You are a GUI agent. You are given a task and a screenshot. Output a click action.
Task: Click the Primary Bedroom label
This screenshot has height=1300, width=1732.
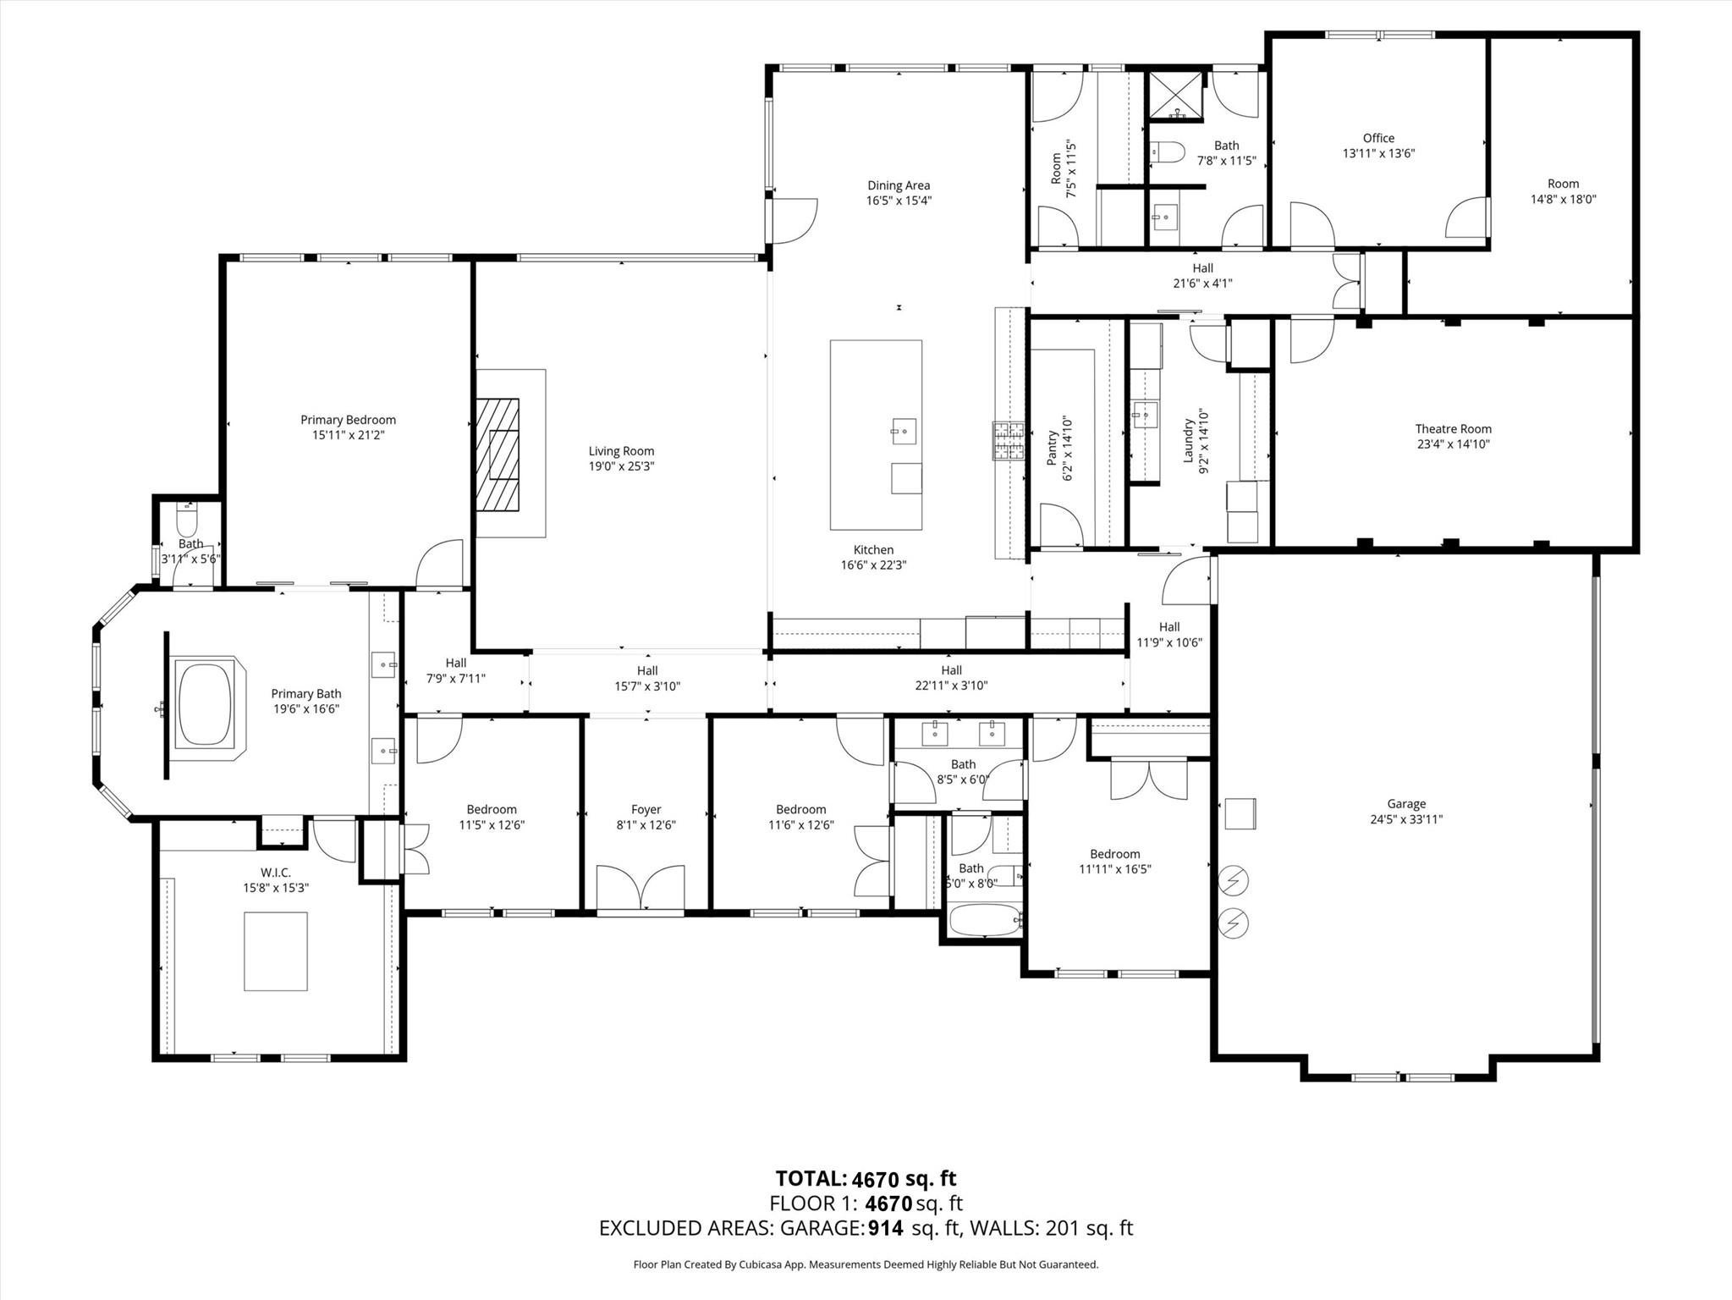[348, 420]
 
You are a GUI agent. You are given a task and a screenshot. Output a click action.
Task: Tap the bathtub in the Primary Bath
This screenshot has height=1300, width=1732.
[203, 705]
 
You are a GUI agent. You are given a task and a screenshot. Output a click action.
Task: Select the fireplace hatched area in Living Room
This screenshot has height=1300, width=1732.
[498, 454]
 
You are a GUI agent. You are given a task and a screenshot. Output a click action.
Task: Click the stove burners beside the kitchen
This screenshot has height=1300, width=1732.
[1008, 440]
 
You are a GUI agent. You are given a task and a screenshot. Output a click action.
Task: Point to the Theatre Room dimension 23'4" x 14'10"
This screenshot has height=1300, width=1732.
[1453, 443]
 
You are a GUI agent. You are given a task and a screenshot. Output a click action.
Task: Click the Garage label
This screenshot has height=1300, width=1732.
[1406, 804]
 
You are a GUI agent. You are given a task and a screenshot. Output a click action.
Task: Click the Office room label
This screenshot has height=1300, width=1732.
[1378, 138]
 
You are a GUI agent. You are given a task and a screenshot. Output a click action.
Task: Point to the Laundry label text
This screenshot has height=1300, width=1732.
[1188, 440]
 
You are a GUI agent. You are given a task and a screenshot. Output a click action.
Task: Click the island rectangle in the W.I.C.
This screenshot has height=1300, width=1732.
[275, 950]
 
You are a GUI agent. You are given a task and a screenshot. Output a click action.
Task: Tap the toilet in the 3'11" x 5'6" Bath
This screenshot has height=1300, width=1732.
[187, 515]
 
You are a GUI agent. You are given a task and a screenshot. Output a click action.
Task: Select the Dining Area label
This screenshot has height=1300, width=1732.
[899, 185]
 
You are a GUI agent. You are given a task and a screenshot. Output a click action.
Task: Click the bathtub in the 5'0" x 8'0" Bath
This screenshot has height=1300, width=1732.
[986, 920]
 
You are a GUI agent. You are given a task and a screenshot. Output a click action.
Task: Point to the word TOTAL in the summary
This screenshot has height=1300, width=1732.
[811, 1178]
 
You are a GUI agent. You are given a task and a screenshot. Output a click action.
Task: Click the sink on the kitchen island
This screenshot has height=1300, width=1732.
[903, 431]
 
